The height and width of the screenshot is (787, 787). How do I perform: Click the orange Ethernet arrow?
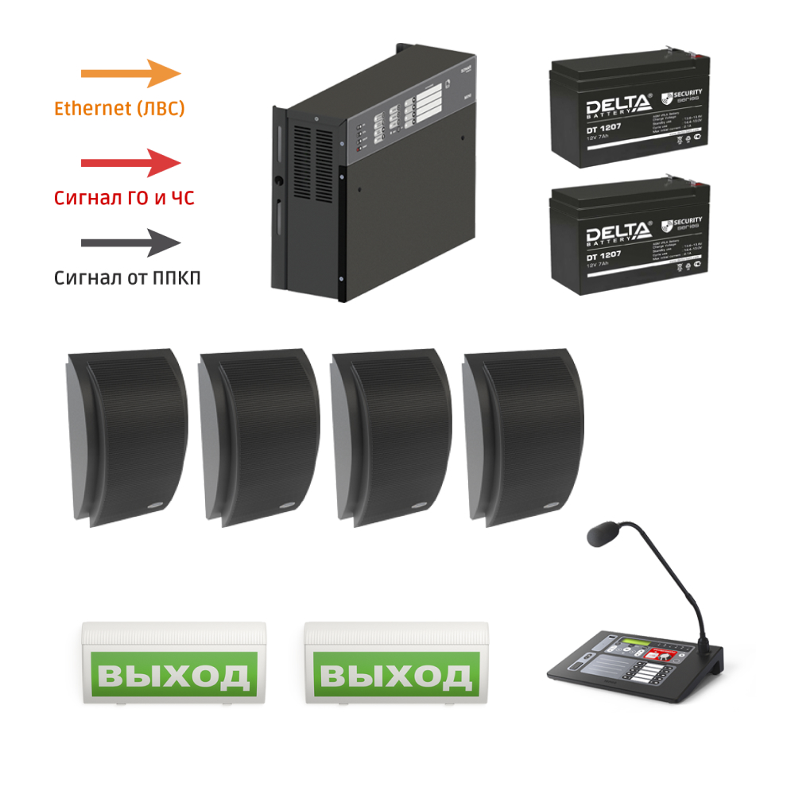[131, 73]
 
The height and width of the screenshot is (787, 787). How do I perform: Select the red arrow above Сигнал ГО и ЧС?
[131, 163]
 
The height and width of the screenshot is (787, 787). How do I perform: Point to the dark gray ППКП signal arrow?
[131, 243]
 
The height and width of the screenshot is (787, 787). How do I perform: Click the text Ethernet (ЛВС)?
[119, 109]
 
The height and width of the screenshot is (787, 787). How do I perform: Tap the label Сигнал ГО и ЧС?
[124, 198]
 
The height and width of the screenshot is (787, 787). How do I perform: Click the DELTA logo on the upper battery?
[618, 106]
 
